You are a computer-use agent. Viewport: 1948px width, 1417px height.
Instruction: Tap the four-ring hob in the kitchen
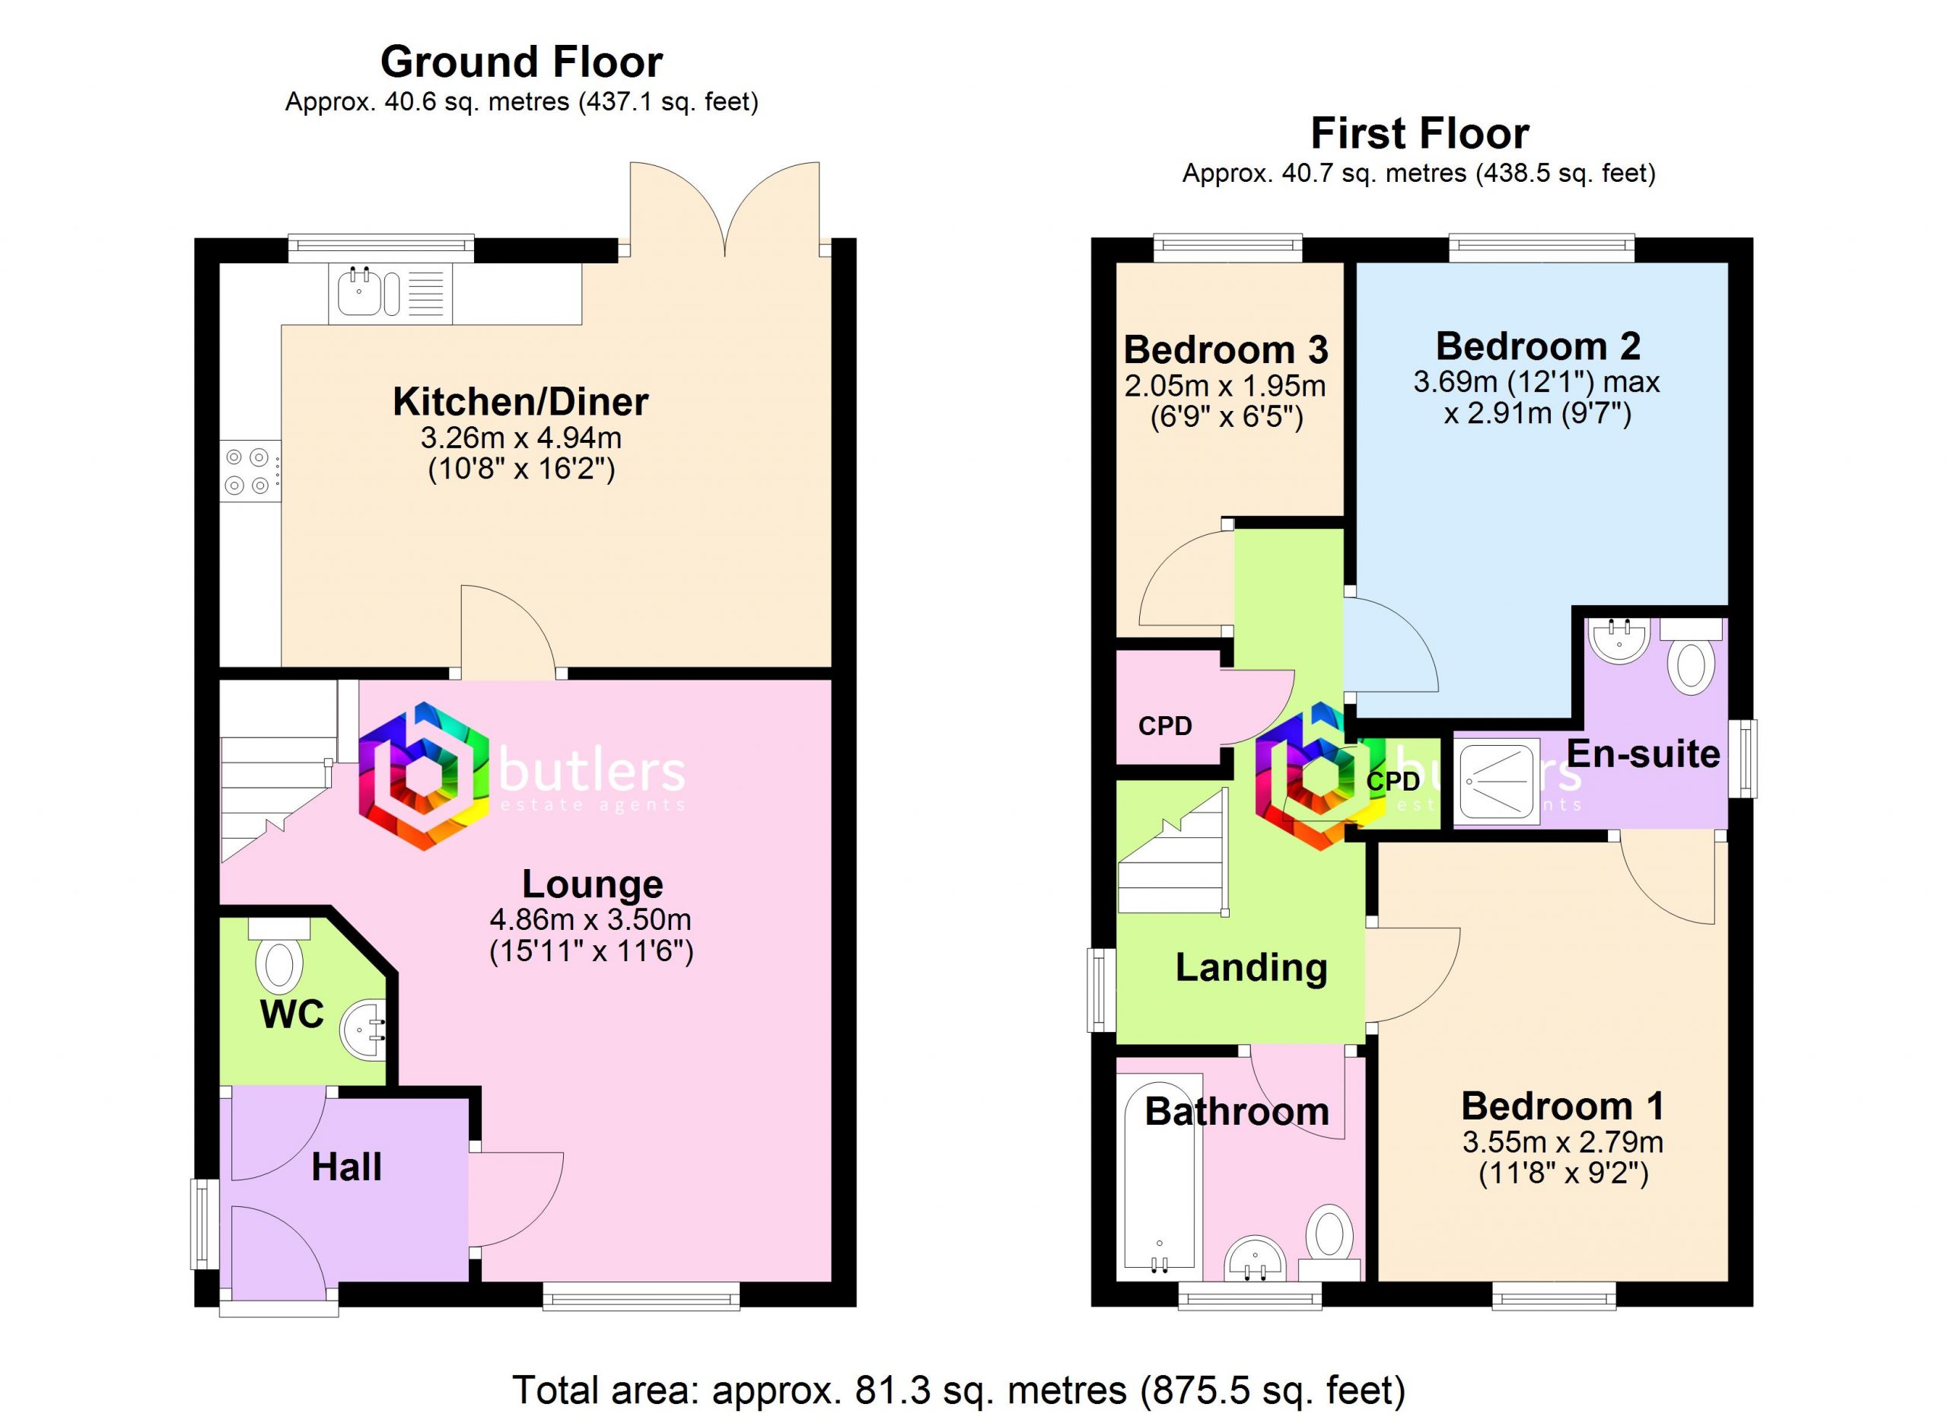[x=250, y=472]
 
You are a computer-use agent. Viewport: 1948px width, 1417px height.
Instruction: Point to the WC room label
[x=292, y=1015]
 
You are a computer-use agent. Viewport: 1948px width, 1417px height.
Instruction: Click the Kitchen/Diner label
[x=520, y=402]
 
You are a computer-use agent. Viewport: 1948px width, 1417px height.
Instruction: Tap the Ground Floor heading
[x=521, y=62]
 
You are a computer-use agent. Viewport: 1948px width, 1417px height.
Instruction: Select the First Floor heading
[x=1420, y=134]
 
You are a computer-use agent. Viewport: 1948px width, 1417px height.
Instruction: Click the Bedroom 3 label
[x=1226, y=349]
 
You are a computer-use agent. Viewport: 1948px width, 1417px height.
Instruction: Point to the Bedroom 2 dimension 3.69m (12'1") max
[x=1537, y=381]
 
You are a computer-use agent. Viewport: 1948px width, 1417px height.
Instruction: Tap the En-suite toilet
[x=1690, y=655]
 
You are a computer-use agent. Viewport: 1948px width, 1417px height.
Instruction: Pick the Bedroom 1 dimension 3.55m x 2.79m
[x=1563, y=1142]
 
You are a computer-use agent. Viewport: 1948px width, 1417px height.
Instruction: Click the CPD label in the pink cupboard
[x=1165, y=727]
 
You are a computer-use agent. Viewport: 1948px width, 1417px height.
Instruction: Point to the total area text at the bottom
[x=959, y=1390]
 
